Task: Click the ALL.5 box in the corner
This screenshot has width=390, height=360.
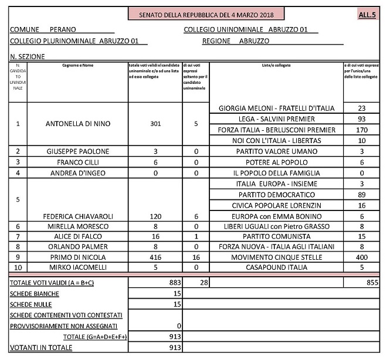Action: click(x=368, y=14)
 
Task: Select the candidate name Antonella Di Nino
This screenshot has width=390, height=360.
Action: click(x=78, y=124)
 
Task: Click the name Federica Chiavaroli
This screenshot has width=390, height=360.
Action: click(x=78, y=215)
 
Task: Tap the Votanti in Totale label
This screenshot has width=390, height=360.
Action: click(x=41, y=348)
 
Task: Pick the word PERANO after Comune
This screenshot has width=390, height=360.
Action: click(x=62, y=29)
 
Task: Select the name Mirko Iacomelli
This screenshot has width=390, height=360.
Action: click(x=78, y=267)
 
